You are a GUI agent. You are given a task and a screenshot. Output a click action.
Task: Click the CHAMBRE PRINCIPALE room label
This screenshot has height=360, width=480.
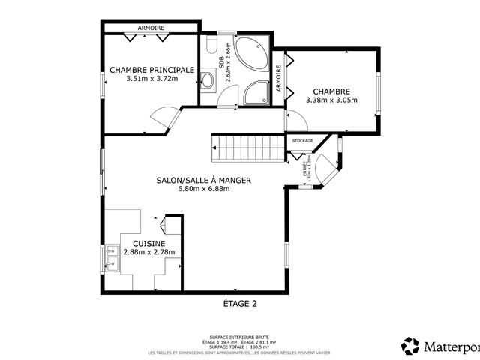pyautogui.click(x=152, y=70)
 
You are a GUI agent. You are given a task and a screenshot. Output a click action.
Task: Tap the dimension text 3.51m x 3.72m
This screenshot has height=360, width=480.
pyautogui.click(x=152, y=78)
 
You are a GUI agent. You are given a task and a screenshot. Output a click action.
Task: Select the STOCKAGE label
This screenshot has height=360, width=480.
pyautogui.click(x=302, y=140)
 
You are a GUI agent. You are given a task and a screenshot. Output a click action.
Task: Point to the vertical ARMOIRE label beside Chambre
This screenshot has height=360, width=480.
pyautogui.click(x=278, y=79)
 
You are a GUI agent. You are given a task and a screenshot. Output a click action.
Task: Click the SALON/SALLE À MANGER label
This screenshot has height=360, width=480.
pyautogui.click(x=203, y=181)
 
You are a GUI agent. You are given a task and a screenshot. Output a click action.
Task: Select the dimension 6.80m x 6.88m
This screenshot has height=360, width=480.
pyautogui.click(x=203, y=189)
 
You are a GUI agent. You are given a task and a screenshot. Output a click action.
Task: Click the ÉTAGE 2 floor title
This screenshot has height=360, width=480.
pyautogui.click(x=240, y=304)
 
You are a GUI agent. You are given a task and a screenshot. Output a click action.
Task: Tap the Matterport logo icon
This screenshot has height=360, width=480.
pyautogui.click(x=411, y=346)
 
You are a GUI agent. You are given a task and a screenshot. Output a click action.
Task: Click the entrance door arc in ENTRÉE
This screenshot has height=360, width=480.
pyautogui.click(x=325, y=168)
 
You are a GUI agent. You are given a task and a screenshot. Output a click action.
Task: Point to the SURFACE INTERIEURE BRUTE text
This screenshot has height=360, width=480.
pyautogui.click(x=240, y=337)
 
